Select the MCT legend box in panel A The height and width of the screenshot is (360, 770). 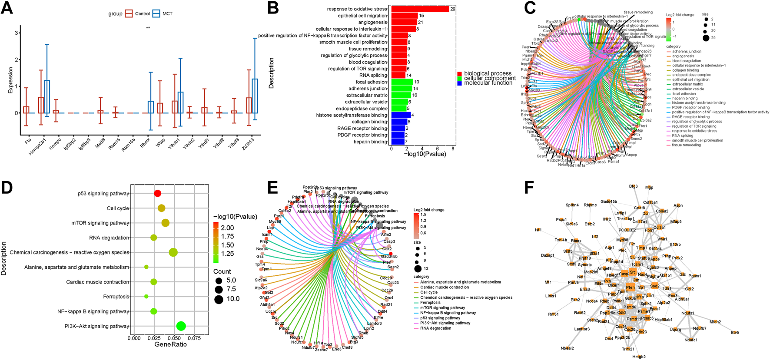(x=156, y=14)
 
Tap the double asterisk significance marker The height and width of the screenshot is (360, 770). (x=148, y=28)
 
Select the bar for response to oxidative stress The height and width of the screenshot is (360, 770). (x=420, y=9)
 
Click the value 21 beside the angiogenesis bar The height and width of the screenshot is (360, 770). (x=420, y=23)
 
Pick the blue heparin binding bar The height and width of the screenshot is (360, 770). (x=398, y=142)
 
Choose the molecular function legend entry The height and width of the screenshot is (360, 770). (x=488, y=83)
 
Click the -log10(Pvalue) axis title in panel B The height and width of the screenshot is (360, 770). (x=425, y=154)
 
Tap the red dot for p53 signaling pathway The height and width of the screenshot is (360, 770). (x=158, y=193)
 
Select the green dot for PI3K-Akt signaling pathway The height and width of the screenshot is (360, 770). (x=181, y=326)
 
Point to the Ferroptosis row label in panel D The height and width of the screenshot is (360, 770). (x=116, y=297)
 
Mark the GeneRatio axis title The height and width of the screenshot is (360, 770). (x=170, y=344)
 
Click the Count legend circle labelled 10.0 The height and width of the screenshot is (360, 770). (x=219, y=299)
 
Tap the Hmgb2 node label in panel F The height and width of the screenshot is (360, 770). (x=638, y=357)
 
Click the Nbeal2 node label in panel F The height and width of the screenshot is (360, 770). (x=567, y=348)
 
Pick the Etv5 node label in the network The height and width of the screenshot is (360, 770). (x=735, y=333)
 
